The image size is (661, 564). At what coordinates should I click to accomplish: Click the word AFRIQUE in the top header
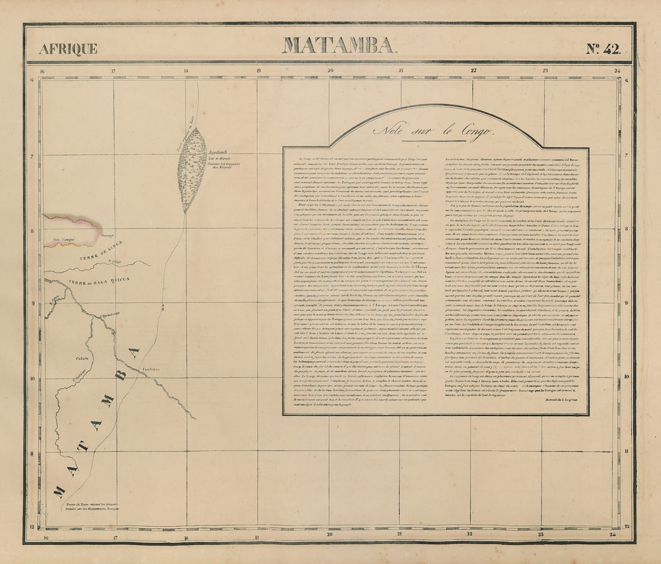[x=68, y=49]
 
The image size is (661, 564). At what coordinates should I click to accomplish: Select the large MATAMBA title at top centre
[x=338, y=45]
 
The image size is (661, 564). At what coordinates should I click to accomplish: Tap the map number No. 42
[x=603, y=49]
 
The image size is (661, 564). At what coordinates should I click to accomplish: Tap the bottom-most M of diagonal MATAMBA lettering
[x=58, y=491]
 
